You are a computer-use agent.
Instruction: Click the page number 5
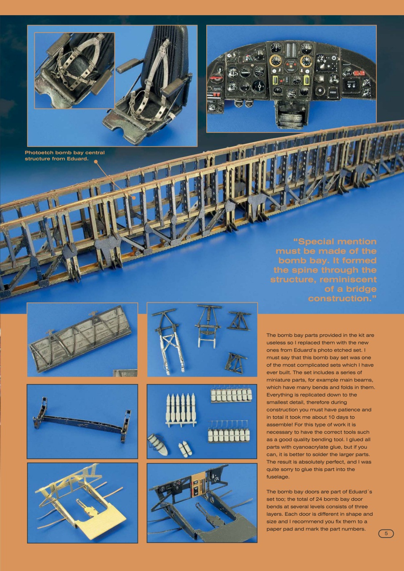pos(386,534)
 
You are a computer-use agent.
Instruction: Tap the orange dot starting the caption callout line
pos(95,162)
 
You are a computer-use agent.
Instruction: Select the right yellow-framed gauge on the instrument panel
pos(307,80)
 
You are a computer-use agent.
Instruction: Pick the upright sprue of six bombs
pos(181,410)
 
